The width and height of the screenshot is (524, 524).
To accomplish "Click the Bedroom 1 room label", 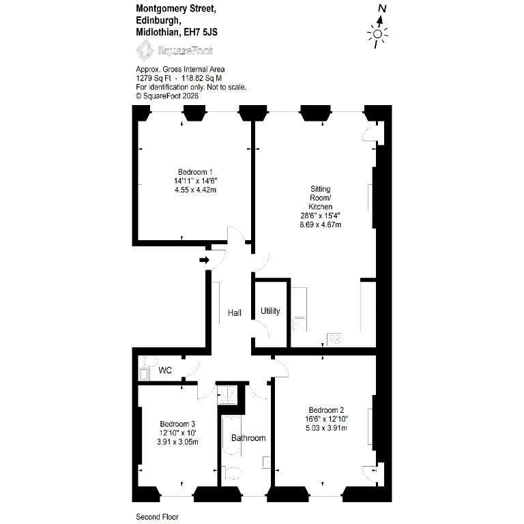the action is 195,172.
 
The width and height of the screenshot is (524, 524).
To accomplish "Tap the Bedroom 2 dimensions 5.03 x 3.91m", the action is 326,428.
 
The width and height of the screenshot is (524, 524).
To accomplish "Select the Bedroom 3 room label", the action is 177,424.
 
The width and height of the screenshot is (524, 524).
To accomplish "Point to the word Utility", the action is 270,311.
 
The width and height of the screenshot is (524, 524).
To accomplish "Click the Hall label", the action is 235,312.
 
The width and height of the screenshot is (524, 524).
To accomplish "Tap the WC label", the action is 165,370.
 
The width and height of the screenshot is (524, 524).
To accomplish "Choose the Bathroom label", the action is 248,438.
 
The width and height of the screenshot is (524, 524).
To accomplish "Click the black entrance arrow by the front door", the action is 205,260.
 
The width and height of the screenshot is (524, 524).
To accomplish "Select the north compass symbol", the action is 378,27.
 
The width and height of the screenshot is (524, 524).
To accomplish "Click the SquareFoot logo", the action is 175,50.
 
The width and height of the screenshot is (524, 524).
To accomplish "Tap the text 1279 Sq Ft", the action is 154,78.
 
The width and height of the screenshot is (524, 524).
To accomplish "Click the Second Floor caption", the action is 157,517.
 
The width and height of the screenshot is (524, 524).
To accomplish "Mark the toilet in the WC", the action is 150,361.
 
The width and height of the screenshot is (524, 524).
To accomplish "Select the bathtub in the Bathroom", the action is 231,435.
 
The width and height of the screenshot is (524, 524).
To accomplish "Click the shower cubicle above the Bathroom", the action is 227,394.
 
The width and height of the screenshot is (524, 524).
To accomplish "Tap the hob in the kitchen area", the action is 334,339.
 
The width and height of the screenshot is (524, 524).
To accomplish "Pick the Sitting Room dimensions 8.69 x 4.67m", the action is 321,224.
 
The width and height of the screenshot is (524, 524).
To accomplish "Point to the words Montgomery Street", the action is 176,10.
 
